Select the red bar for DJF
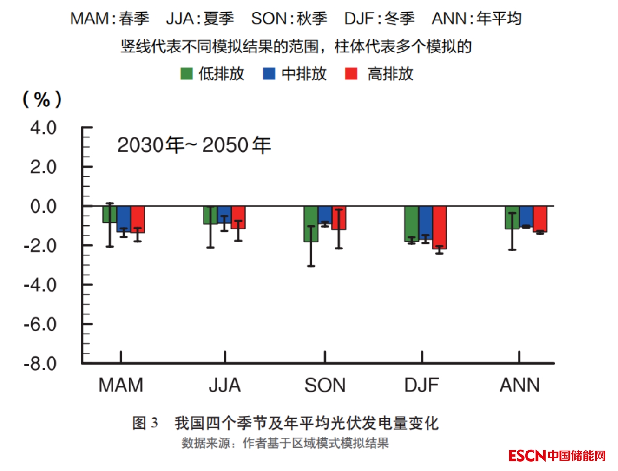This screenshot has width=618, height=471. pos(440,228)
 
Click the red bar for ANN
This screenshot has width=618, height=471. pos(540,219)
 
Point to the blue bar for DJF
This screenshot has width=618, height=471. pos(426,222)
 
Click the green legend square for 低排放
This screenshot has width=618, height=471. pos(186,74)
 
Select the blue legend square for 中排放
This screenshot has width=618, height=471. pos(269,74)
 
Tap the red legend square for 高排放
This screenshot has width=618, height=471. pos(351,74)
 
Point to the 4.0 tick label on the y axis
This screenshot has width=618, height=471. pos(43,128)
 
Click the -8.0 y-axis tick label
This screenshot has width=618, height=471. pos(40,363)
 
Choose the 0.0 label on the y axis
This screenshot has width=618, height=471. pos(43,206)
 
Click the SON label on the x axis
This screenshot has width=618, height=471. pos(325,385)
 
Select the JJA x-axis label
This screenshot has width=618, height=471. pos(224,385)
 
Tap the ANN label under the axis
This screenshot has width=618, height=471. pos(519,385)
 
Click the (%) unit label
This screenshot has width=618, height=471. pos(42,99)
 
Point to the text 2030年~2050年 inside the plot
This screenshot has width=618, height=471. pos(194,145)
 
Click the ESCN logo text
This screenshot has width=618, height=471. pos(527,456)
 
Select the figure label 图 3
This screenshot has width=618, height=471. pos(145,423)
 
